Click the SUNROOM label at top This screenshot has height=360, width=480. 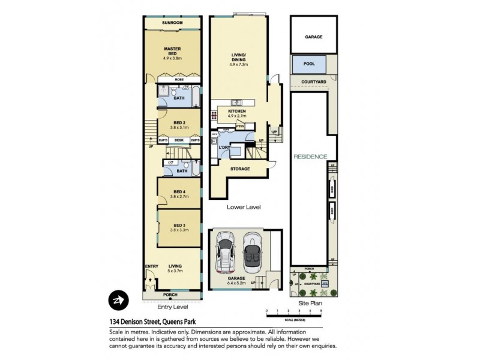click(172, 23)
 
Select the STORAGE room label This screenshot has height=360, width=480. click(240, 169)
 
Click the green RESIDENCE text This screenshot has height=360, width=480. click(310, 157)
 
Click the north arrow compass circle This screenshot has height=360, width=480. click(117, 300)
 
